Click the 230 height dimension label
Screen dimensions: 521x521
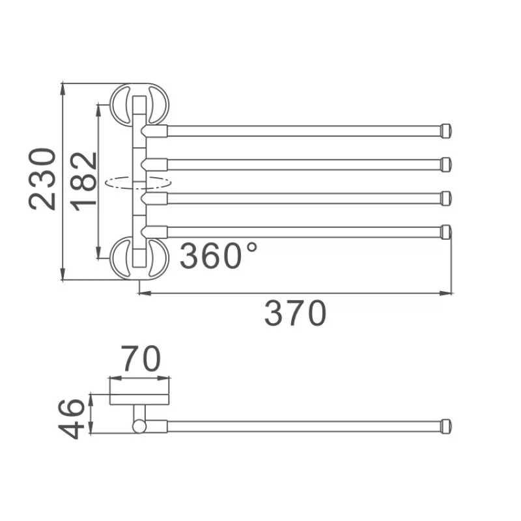click(x=42, y=180)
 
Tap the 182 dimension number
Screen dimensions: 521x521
click(x=84, y=182)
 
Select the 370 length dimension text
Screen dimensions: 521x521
click(x=296, y=313)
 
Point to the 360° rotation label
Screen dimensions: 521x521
click(x=218, y=255)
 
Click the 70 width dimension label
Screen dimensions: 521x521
click(x=141, y=359)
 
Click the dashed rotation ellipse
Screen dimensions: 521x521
click(x=138, y=183)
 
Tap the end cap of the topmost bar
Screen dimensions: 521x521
click(x=446, y=131)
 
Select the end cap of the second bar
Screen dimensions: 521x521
click(x=446, y=165)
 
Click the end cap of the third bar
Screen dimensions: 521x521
click(x=446, y=199)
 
